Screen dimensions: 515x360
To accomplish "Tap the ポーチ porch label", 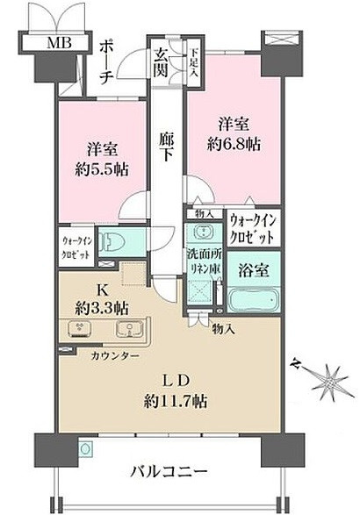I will (x=105, y=62).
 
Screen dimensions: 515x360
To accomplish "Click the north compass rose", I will (x=322, y=377).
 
